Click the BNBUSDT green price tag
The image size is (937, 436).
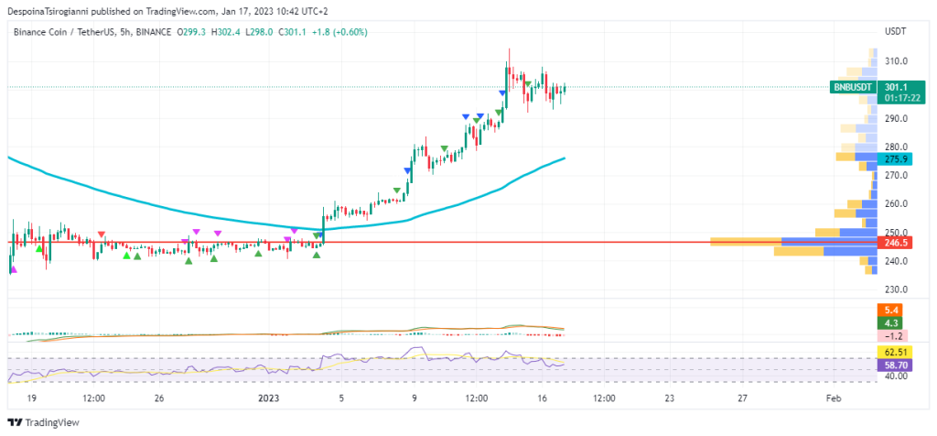853,87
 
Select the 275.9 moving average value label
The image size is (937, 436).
892,158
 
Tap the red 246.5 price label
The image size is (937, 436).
892,243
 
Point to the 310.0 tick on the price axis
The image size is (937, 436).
895,61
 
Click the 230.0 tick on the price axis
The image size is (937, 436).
895,289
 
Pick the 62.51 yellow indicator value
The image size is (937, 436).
892,352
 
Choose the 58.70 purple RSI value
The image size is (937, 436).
892,364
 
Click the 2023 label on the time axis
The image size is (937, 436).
268,398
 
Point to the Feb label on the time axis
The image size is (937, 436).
833,398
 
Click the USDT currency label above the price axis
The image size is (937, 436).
895,31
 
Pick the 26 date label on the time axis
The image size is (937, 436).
158,398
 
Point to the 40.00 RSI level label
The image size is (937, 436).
895,376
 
